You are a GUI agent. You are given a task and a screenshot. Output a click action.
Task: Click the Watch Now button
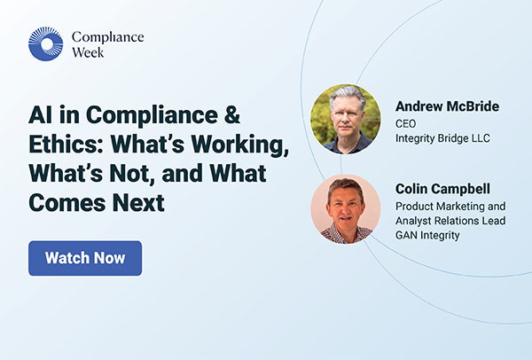point(85,258)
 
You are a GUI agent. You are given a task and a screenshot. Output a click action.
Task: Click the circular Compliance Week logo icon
point(46,43)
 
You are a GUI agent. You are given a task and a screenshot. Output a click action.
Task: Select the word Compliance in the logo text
point(107,36)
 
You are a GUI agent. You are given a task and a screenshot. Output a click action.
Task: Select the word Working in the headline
point(235,145)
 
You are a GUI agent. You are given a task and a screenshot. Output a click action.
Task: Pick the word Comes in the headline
point(63,203)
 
